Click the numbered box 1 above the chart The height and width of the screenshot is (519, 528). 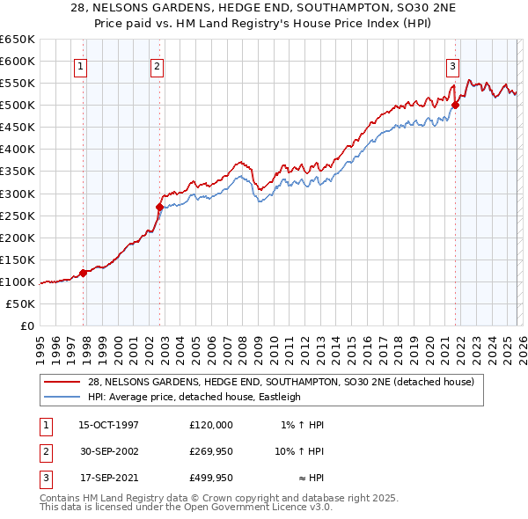80,64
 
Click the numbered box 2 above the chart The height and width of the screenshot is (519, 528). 157,64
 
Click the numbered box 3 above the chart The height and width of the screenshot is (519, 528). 452,64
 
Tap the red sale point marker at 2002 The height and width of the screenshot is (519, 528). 160,207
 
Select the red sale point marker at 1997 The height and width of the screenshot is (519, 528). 84,273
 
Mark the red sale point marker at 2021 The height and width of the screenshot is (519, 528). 456,106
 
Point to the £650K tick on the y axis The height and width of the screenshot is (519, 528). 18,40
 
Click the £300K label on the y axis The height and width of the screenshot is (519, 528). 18,194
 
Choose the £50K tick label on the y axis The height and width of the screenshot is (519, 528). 20,303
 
